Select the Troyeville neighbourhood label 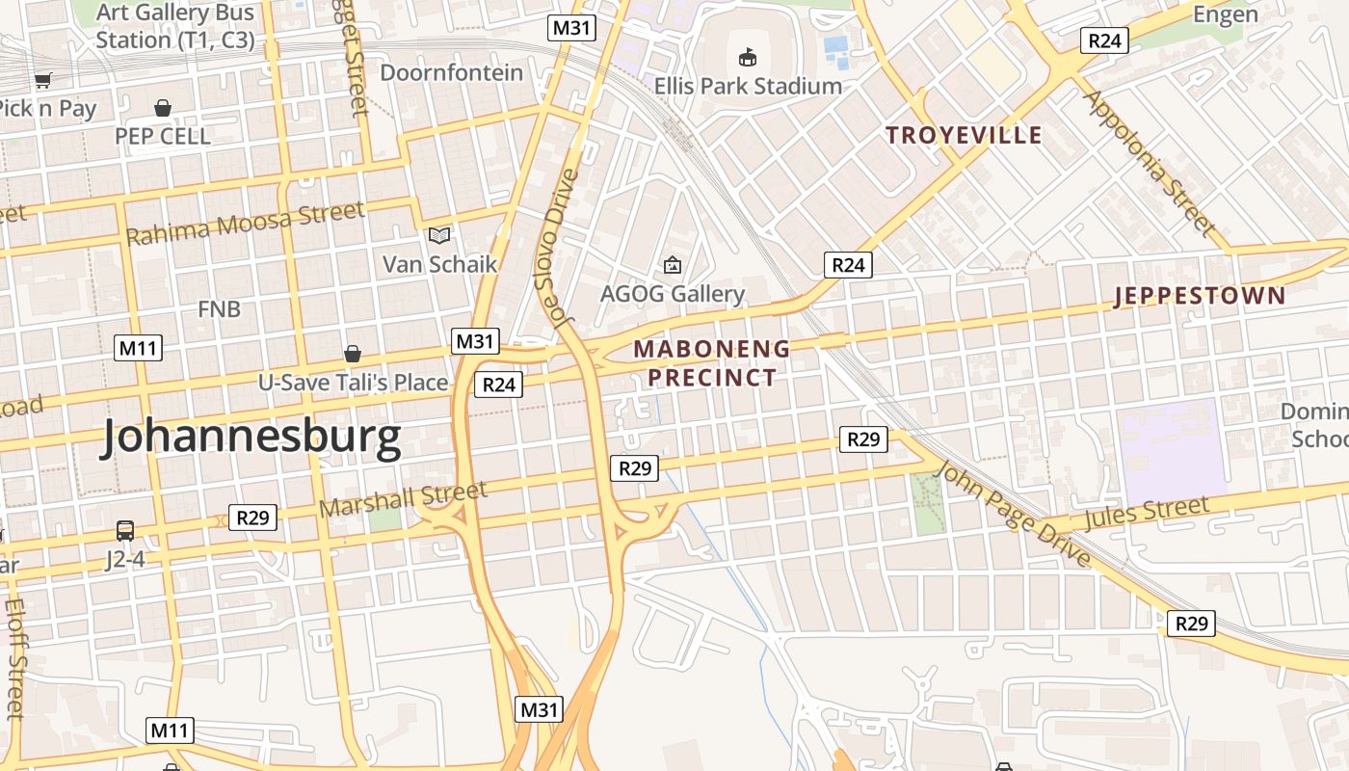click(x=965, y=135)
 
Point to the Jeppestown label click(x=1200, y=296)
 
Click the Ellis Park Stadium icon click(x=747, y=58)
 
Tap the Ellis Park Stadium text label click(x=748, y=87)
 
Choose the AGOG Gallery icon click(x=672, y=265)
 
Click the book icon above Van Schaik click(x=439, y=235)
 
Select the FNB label click(x=219, y=309)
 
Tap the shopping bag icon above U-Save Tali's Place click(x=353, y=354)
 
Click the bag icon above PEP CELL click(x=163, y=108)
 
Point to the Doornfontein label click(x=452, y=73)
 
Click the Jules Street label click(x=1146, y=513)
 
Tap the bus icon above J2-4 click(x=125, y=530)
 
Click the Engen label click(x=1226, y=14)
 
